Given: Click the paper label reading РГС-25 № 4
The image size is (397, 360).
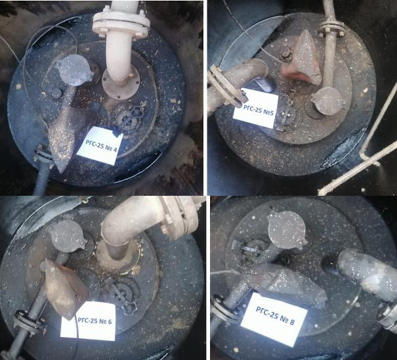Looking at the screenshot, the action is pos(100,146).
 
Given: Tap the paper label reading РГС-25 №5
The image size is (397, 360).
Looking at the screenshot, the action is pos(256,108).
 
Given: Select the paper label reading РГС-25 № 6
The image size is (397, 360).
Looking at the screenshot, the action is pos(88,321).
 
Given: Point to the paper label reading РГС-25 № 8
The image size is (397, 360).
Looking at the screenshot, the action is pos(274,319).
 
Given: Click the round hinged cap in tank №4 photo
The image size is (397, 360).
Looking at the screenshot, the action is pos(74,70).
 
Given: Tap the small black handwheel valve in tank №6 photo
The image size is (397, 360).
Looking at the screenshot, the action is pos(130,307).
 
